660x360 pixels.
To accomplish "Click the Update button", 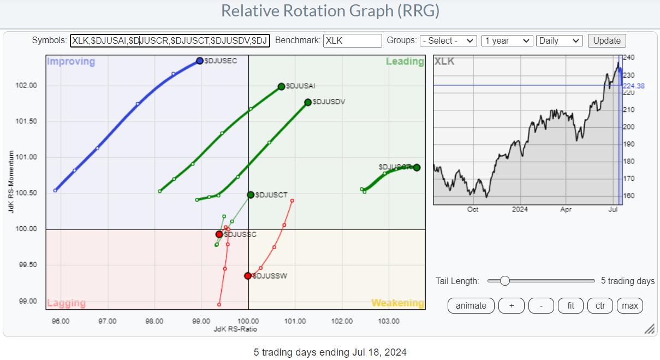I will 607,40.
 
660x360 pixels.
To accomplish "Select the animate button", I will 471,305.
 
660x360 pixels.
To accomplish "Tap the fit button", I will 570,305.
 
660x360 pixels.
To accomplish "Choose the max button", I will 630,305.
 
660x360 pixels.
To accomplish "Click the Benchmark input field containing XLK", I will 352,40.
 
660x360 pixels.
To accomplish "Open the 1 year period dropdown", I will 507,40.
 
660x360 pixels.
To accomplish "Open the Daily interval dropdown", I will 560,40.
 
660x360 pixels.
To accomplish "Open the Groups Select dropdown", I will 448,40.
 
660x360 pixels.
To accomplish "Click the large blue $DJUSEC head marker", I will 200,61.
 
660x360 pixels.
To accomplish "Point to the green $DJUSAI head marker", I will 282,86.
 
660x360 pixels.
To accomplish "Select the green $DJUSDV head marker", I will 308,102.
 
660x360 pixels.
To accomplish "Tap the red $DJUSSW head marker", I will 248,276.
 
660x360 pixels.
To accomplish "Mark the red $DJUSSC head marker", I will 219,234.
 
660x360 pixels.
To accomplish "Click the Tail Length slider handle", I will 505,281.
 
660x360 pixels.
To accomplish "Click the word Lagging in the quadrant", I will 66,303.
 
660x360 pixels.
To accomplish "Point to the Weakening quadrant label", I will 397,303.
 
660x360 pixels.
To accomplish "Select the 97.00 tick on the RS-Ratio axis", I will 107,321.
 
